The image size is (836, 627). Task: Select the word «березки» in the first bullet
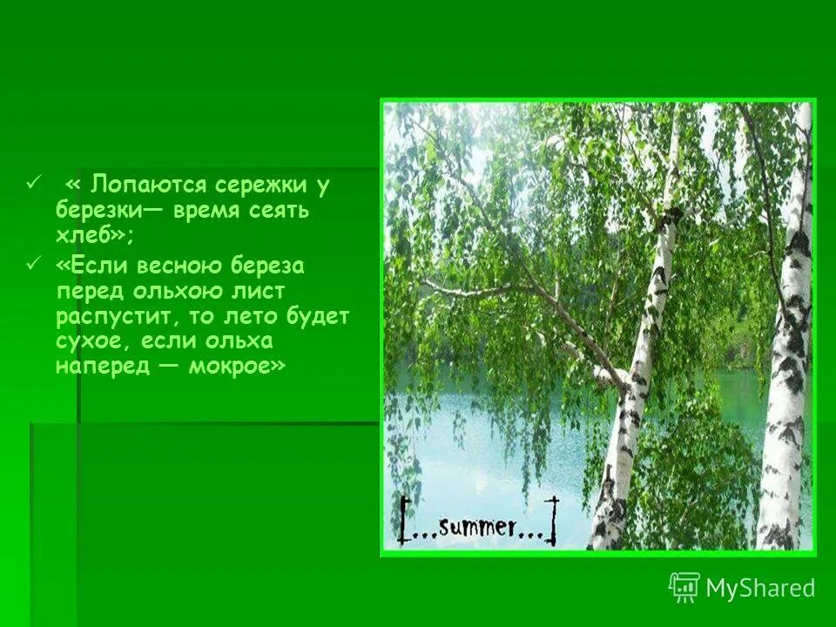tap(93, 210)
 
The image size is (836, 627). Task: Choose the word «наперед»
tap(98, 365)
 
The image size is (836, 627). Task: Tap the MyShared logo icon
tap(684, 588)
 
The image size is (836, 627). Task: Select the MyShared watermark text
tap(760, 588)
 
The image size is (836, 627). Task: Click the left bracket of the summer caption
tap(406, 522)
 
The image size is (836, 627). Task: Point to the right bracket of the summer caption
tap(550, 520)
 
